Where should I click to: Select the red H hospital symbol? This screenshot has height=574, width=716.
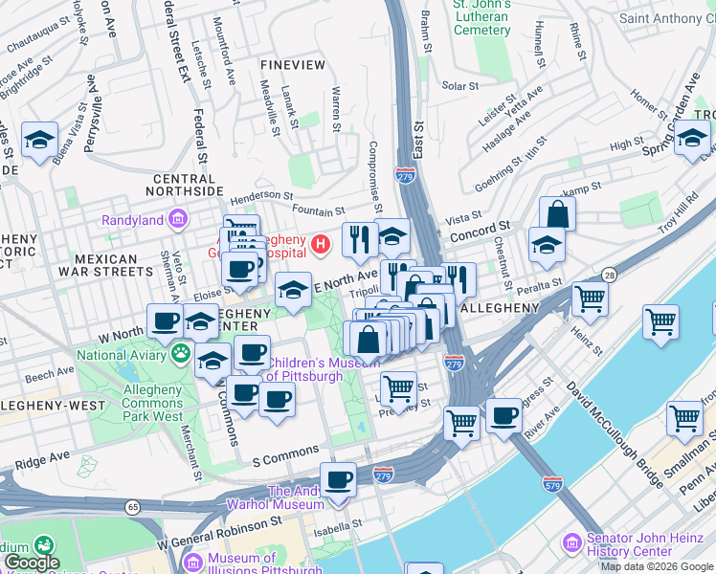322,245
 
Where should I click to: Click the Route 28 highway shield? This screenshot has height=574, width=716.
609,276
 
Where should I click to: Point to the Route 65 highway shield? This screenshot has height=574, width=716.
131,506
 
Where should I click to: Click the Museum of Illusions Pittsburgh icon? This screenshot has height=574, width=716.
192,560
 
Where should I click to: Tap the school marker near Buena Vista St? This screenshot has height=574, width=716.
40,141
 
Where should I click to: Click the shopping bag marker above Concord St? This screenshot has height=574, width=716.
557,214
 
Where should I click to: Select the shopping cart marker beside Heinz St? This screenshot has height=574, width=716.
590,298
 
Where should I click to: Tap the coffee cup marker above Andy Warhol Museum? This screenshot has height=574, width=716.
337,478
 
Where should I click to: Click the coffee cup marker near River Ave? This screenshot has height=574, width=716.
503,415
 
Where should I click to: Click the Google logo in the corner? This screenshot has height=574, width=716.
32,563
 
